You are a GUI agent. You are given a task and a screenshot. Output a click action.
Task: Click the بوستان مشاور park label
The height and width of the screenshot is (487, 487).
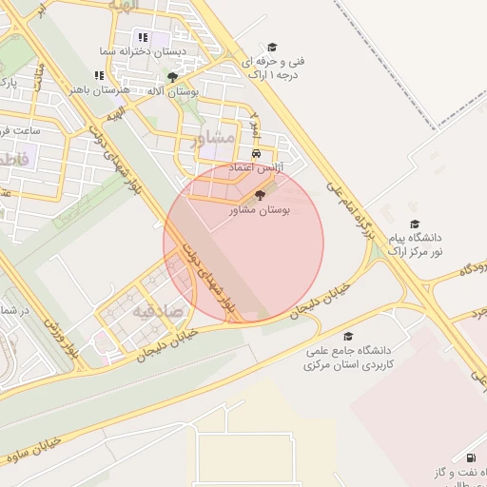(260, 209)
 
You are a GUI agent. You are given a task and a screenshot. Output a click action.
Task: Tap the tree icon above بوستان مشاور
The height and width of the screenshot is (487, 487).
(261, 195)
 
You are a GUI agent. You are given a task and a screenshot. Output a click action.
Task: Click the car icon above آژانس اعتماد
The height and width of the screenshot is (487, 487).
(256, 154)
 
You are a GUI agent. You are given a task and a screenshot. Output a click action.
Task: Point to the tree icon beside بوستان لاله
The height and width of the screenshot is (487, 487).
(171, 77)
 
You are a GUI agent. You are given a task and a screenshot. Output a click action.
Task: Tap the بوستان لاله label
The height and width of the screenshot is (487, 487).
(194, 91)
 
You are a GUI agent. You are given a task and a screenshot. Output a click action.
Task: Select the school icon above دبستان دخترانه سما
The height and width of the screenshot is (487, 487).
(143, 37)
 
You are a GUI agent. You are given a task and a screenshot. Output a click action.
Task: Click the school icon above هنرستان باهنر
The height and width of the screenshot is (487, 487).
(99, 76)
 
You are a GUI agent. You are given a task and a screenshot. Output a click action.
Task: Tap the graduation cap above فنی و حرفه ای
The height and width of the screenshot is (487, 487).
(272, 47)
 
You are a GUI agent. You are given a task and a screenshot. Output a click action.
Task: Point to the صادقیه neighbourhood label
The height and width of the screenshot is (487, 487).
(155, 311)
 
